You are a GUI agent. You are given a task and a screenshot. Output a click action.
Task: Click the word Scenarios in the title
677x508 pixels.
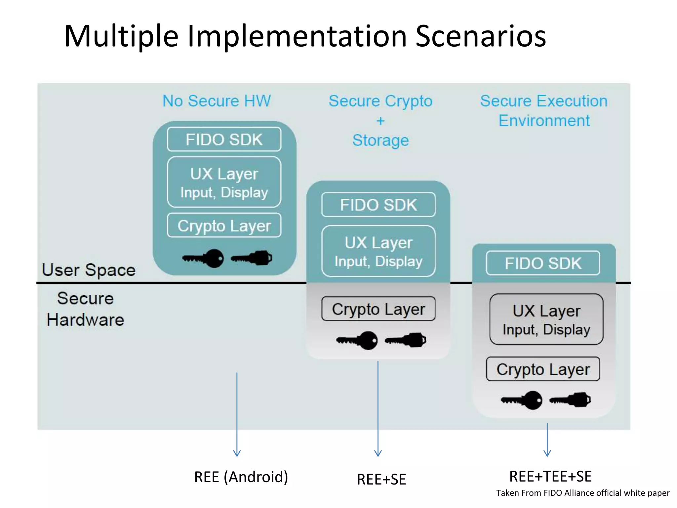coord(480,36)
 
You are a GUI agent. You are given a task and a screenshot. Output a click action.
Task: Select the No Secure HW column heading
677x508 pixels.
coord(217,101)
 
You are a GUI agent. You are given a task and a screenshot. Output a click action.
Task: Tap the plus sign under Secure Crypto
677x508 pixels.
coord(380,121)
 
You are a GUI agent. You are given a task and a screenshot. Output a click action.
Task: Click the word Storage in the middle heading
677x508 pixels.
coord(380,140)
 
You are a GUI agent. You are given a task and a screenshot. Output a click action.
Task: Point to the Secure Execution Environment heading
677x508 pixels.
coord(544,110)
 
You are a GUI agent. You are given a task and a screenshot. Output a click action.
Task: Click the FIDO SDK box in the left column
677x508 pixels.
coord(224,139)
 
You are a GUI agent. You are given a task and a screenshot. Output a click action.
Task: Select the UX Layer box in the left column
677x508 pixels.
coord(224,182)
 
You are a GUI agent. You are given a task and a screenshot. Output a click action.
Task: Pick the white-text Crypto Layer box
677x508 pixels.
coord(224,226)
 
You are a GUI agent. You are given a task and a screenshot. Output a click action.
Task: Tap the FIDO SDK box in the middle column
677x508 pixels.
coord(378,205)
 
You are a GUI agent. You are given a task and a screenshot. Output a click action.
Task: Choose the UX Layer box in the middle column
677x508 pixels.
coord(378,251)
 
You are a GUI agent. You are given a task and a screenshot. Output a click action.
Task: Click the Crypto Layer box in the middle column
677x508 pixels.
coord(378,309)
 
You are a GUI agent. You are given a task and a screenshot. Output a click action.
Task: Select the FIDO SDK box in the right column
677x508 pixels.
coord(543,263)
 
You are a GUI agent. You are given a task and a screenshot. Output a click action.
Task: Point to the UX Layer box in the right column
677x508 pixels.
coord(546,319)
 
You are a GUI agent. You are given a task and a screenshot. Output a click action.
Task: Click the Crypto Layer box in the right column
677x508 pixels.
coord(543,369)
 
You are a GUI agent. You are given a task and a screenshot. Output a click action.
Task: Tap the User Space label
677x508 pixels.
coord(89,270)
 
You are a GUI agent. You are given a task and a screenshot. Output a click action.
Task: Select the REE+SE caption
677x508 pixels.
coord(381,479)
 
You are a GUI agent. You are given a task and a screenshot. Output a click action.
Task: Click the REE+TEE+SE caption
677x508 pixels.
coord(550,476)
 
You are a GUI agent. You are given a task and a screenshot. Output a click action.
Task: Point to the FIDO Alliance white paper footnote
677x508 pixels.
coord(582,493)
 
